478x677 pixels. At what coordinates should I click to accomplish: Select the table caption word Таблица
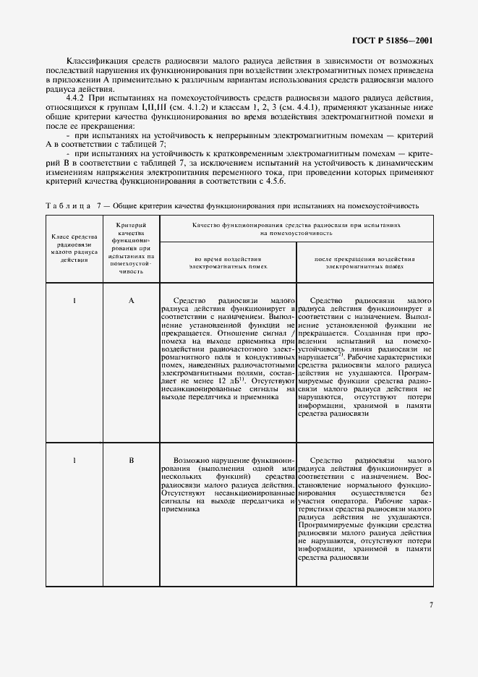click(x=66, y=206)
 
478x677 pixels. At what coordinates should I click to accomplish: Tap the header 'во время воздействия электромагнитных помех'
click(x=228, y=262)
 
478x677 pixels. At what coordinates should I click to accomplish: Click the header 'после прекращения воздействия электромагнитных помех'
click(x=364, y=262)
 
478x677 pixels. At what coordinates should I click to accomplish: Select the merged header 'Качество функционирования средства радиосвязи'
click(x=296, y=229)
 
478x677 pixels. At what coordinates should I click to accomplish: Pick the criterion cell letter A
click(x=131, y=300)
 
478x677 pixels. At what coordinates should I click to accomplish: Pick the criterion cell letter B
click(x=131, y=459)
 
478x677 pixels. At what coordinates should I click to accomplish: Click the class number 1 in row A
click(x=75, y=300)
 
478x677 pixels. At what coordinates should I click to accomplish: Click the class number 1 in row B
click(x=75, y=459)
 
